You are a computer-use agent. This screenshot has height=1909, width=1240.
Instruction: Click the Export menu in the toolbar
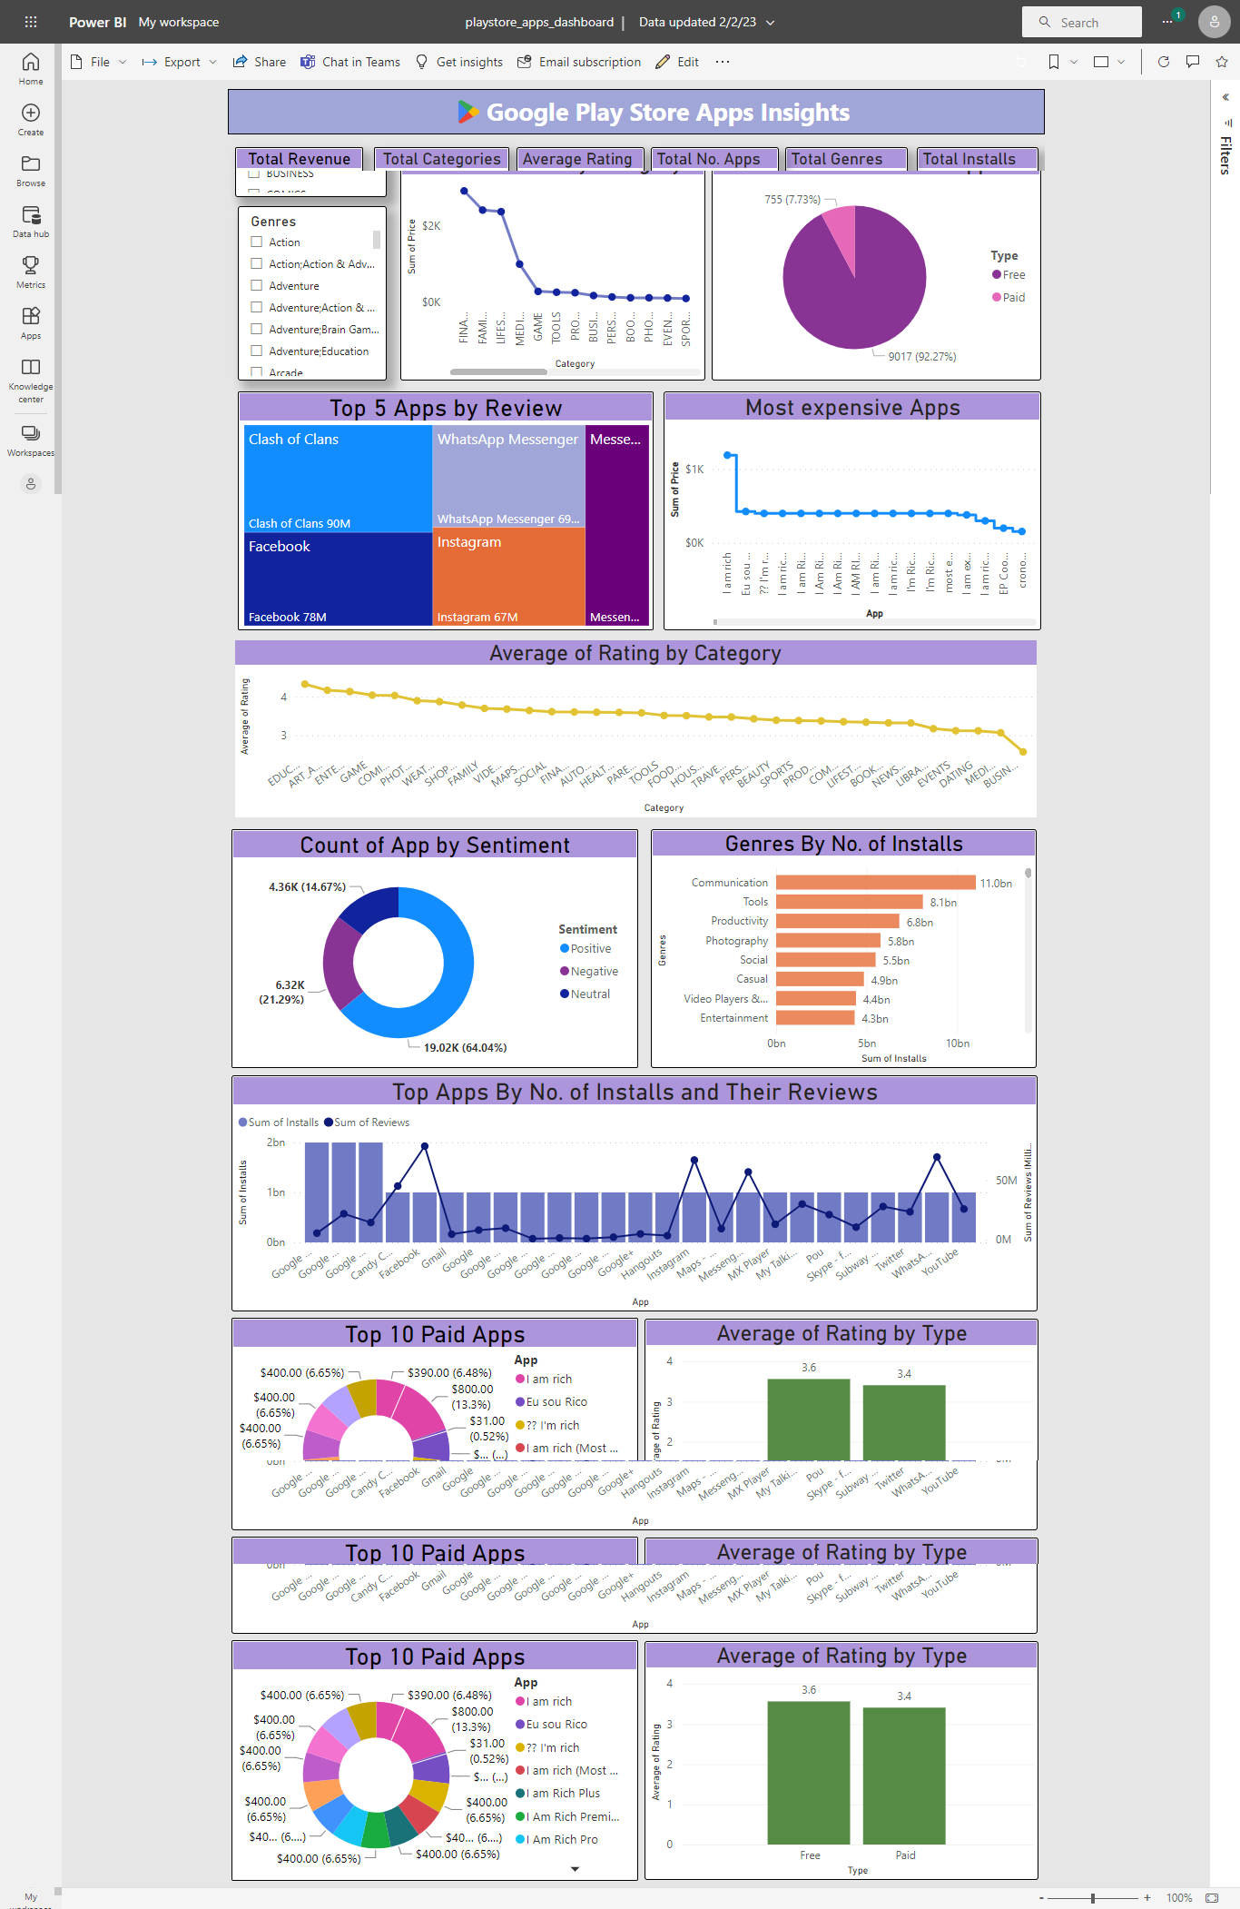pyautogui.click(x=180, y=62)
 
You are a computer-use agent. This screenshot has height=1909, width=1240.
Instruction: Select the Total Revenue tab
pyautogui.click(x=299, y=159)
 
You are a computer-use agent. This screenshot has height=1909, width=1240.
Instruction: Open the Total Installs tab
pyautogui.click(x=969, y=159)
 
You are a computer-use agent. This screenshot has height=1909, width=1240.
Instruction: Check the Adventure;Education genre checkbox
pyautogui.click(x=257, y=351)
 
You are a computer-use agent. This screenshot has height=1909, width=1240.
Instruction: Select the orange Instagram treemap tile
pyautogui.click(x=508, y=578)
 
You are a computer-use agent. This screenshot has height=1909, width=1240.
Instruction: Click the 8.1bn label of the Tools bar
pyautogui.click(x=942, y=903)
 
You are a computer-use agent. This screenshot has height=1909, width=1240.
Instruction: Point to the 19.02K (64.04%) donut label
pyautogui.click(x=465, y=1047)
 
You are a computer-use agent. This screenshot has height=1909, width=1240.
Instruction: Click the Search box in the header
pyautogui.click(x=1082, y=22)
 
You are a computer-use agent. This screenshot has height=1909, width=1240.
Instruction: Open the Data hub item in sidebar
pyautogui.click(x=31, y=221)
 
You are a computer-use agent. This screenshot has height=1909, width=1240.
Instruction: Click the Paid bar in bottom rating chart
pyautogui.click(x=904, y=1775)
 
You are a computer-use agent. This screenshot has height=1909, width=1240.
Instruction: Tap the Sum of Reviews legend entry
pyautogui.click(x=370, y=1123)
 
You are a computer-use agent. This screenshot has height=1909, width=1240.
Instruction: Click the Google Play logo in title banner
pyautogui.click(x=467, y=112)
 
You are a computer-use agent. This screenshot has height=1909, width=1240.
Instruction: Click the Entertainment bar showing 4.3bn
pyautogui.click(x=814, y=1018)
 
